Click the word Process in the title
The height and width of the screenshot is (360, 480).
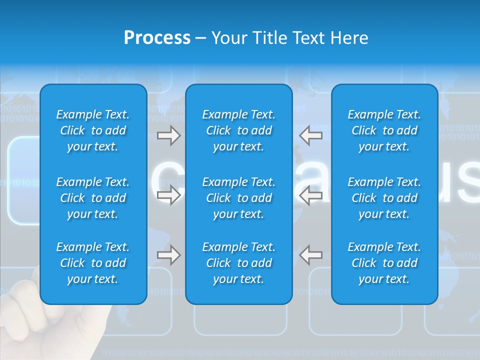[x=157, y=38]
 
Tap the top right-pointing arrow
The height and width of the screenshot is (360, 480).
[x=168, y=135]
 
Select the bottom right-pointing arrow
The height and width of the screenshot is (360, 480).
[x=168, y=255]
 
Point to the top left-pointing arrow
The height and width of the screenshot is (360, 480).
[x=310, y=135]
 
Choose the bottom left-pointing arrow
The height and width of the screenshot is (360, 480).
[x=310, y=255]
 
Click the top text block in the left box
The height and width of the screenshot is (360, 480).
[x=93, y=130]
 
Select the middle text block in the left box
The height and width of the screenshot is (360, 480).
[x=93, y=198]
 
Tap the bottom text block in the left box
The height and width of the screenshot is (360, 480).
[x=93, y=263]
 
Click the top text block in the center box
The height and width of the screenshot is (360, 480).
[x=238, y=130]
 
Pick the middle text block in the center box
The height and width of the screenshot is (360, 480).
[x=238, y=198]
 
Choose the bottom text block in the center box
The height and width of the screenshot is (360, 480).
[x=238, y=263]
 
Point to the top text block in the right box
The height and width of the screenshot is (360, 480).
[x=384, y=130]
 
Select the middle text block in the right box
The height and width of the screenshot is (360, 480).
[x=384, y=198]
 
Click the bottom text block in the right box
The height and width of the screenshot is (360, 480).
[x=384, y=263]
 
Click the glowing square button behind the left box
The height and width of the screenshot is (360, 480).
[x=23, y=180]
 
